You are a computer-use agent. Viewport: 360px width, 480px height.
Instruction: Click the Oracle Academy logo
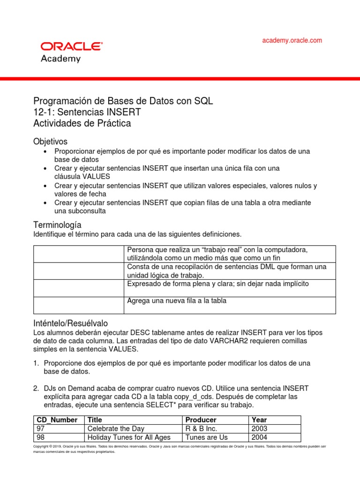pyautogui.click(x=71, y=52)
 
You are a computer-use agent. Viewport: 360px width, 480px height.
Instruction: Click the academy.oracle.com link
pyautogui.click(x=292, y=40)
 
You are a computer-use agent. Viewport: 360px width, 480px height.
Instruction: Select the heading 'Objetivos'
pyautogui.click(x=51, y=141)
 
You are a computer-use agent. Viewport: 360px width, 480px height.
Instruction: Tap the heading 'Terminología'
pyautogui.click(x=57, y=225)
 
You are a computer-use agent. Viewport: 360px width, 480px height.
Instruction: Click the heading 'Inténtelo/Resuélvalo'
pyautogui.click(x=70, y=323)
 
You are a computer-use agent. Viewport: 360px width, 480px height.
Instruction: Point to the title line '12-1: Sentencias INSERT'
pyautogui.click(x=87, y=112)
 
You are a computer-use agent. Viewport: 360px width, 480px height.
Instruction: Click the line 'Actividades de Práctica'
pyautogui.click(x=82, y=124)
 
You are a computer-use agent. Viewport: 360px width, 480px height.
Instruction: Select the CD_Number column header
pyautogui.click(x=57, y=420)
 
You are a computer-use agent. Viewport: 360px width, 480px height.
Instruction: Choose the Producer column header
pyautogui.click(x=201, y=420)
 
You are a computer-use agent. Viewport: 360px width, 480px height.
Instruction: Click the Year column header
pyautogui.click(x=259, y=420)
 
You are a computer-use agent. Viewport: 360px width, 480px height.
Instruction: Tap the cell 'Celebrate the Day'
pyautogui.click(x=116, y=428)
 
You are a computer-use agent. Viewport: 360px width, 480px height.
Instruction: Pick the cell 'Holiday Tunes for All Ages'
pyautogui.click(x=129, y=437)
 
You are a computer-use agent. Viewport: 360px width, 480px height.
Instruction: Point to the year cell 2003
pyautogui.click(x=259, y=428)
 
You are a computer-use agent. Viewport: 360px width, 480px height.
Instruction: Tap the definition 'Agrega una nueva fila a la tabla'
pyautogui.click(x=177, y=301)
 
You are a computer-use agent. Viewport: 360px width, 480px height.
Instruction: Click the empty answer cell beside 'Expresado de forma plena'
pyautogui.click(x=78, y=288)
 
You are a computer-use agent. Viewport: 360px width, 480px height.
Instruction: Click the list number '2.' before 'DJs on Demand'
pyautogui.click(x=36, y=389)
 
